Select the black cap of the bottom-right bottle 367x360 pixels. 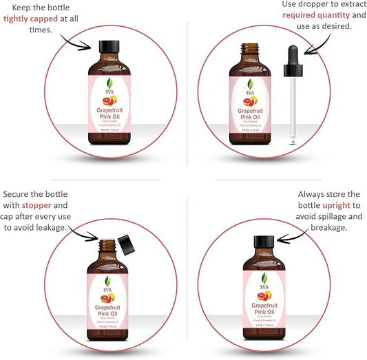point(264,242)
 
